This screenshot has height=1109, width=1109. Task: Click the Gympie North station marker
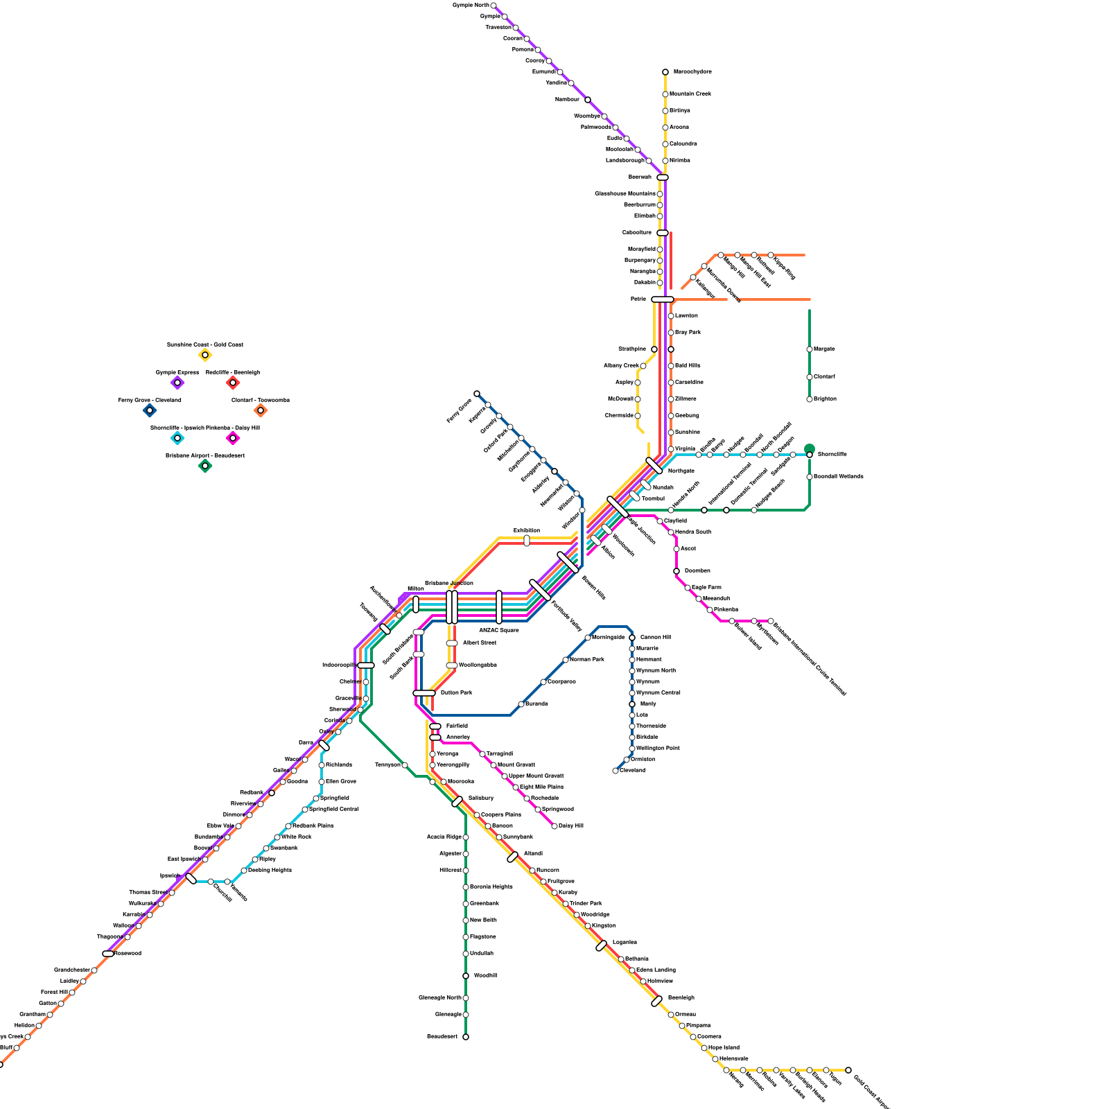(494, 6)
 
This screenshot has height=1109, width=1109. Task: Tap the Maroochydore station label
(692, 72)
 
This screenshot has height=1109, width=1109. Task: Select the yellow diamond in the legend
(205, 356)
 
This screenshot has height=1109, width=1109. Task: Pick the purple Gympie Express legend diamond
(177, 383)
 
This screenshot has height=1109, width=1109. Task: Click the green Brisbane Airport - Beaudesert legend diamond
(205, 466)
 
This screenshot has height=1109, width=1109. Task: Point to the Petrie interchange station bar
(663, 299)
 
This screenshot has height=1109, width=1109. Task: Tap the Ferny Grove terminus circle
(477, 394)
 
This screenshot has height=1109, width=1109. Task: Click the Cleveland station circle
(615, 771)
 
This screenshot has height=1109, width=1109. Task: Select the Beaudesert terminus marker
(466, 1037)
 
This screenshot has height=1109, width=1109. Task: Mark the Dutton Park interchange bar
(424, 693)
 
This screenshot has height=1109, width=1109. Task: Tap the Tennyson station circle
(405, 765)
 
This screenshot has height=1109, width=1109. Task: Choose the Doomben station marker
(676, 571)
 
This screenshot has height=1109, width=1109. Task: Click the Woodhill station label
(485, 976)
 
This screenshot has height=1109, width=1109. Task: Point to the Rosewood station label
(128, 954)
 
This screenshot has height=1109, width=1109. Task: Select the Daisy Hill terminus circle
(554, 826)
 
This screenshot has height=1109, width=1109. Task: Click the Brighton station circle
(810, 399)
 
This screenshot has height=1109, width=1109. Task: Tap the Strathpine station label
(632, 349)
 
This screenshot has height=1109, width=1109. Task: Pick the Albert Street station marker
(452, 643)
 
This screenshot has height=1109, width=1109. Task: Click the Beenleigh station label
(681, 998)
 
